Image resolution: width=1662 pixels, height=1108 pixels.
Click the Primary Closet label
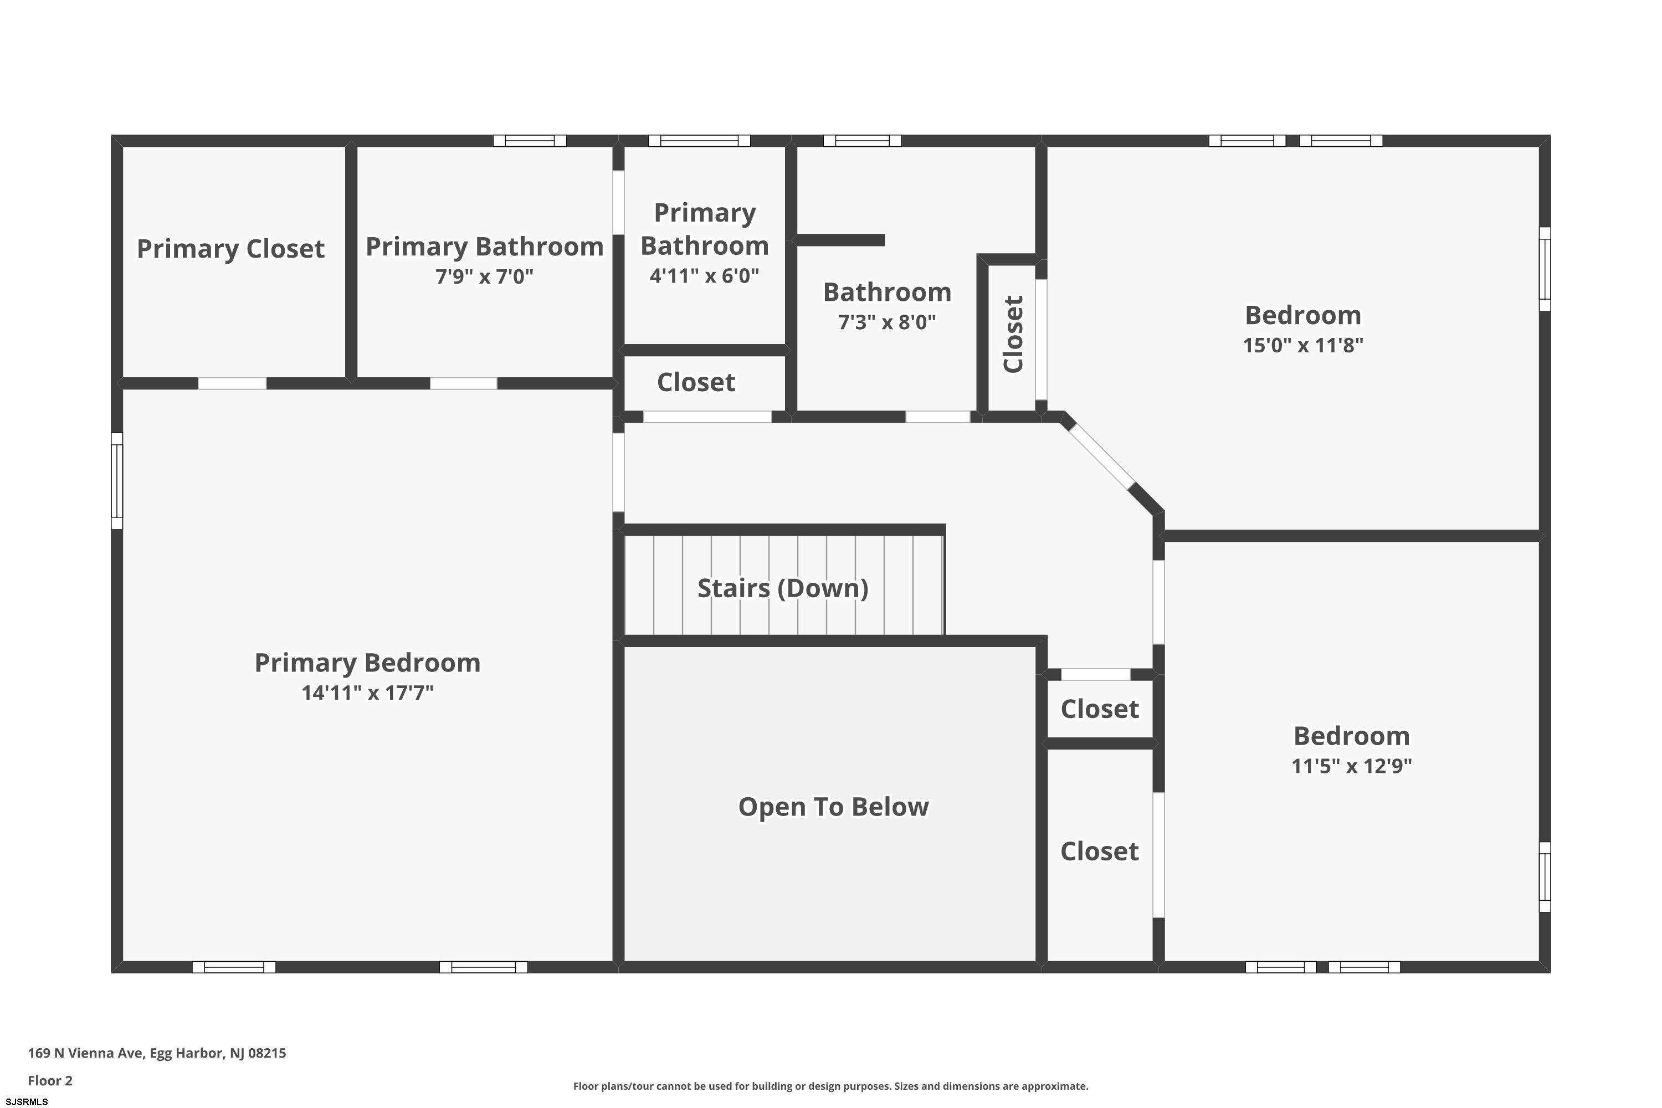coord(230,249)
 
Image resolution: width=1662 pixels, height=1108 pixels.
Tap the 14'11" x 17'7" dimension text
coord(367,693)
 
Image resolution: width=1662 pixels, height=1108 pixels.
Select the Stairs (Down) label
coord(783,588)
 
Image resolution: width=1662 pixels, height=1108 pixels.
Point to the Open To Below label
coord(833,806)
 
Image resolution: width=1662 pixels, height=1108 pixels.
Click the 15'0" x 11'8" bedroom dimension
coord(1303,345)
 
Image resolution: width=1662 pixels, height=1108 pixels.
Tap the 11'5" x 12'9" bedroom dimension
coord(1352,766)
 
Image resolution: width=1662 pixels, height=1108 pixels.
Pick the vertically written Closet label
coord(1013,334)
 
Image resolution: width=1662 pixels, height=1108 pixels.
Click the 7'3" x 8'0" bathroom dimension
coord(887,322)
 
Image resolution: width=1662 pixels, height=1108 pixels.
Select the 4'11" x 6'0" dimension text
coord(705,275)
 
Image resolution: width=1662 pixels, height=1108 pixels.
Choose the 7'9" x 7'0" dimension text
coord(484,276)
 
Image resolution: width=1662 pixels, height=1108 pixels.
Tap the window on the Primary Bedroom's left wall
coord(117,480)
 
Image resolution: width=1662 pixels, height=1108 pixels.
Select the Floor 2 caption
coord(50,1080)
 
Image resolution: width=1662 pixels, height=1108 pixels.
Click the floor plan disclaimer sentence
coord(831,1086)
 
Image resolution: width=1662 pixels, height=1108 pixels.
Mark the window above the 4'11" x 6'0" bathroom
coord(700,141)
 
